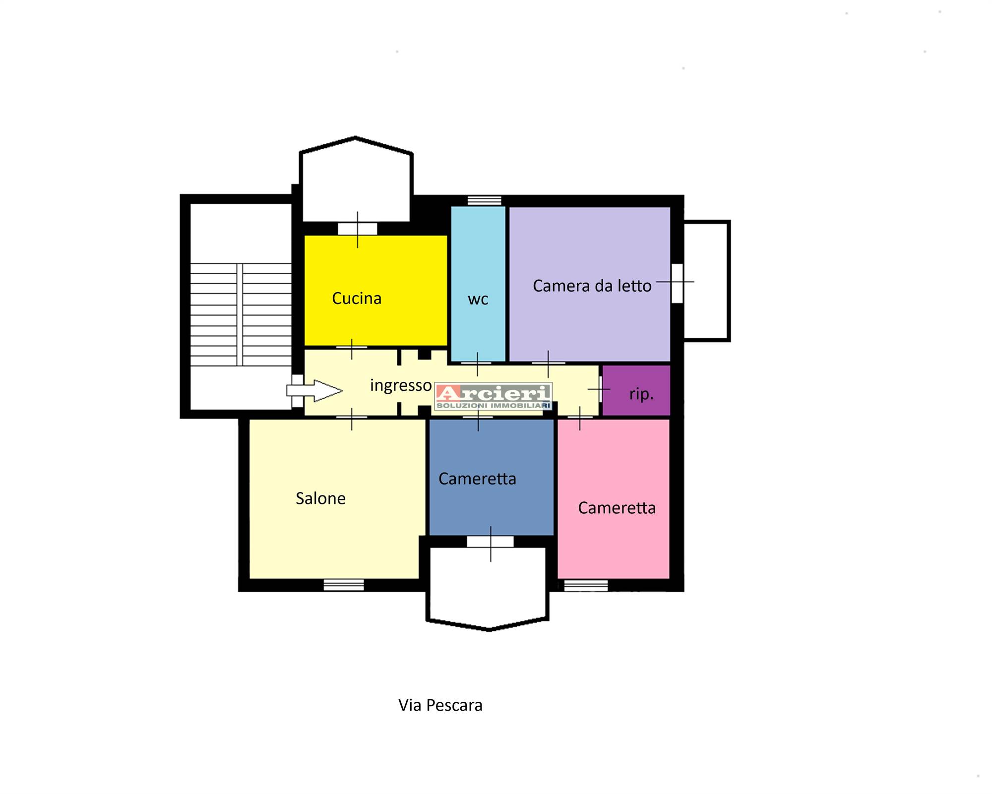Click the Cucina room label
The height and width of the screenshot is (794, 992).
click(x=357, y=298)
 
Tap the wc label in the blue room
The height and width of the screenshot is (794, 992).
click(x=478, y=299)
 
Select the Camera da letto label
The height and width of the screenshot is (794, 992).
click(x=592, y=286)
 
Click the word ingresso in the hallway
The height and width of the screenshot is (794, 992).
click(x=401, y=385)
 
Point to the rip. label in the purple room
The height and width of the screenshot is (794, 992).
click(x=641, y=394)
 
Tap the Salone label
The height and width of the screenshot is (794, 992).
click(x=320, y=498)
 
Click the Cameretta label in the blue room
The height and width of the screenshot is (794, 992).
click(x=477, y=479)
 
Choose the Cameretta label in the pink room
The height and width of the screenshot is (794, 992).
click(x=617, y=508)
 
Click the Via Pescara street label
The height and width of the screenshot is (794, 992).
click(x=440, y=705)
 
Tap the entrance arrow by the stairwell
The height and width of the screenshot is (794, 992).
click(x=314, y=391)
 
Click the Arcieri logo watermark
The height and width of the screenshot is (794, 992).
click(x=494, y=397)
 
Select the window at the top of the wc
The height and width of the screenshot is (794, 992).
click(x=485, y=200)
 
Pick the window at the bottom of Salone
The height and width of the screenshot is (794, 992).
click(x=344, y=585)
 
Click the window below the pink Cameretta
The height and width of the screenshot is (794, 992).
click(x=586, y=586)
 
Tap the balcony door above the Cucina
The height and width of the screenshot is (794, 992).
click(x=357, y=229)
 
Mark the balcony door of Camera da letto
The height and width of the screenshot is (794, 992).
click(x=677, y=283)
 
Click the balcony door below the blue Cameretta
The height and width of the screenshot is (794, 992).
click(x=490, y=542)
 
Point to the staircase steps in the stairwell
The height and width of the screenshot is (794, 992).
click(x=241, y=314)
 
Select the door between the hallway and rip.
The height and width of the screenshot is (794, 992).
click(x=600, y=389)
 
